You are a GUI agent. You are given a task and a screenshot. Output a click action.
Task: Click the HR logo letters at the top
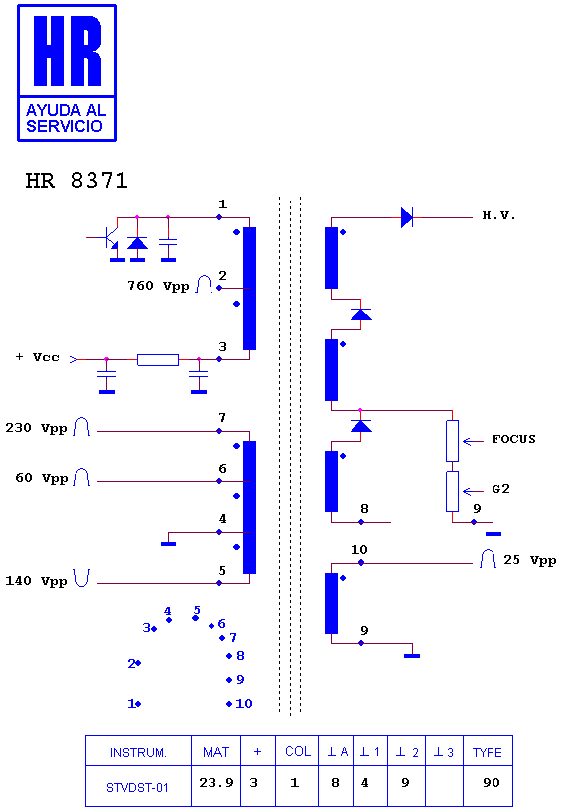point(68,51)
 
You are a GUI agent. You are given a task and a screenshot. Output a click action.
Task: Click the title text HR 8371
point(76,181)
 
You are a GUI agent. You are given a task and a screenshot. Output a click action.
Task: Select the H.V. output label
point(498,216)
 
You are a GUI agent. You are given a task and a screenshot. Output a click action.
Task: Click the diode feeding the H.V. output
point(407,217)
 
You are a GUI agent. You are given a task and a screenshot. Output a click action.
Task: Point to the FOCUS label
point(513,439)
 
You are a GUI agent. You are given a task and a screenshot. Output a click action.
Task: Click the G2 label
point(500,489)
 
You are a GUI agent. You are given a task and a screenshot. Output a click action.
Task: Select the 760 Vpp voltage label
point(158,286)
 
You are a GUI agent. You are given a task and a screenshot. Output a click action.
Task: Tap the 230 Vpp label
point(36,428)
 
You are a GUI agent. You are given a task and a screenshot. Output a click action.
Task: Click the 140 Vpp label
point(36,581)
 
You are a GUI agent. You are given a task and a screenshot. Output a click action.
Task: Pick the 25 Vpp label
point(530,560)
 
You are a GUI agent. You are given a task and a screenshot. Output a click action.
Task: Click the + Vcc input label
point(38,357)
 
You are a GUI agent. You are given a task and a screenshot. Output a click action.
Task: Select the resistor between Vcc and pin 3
point(158,360)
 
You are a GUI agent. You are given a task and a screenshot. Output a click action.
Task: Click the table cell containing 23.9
point(216,783)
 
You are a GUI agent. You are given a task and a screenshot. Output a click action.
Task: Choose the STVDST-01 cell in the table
point(137,787)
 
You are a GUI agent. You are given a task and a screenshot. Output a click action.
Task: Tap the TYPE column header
point(487,752)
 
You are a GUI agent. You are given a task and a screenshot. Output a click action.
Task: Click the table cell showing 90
point(492,783)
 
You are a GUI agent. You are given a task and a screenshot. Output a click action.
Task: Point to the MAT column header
point(215,752)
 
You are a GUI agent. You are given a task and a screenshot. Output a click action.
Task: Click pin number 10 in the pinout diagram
point(243,704)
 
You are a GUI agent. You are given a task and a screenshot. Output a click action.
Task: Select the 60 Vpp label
point(42,478)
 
